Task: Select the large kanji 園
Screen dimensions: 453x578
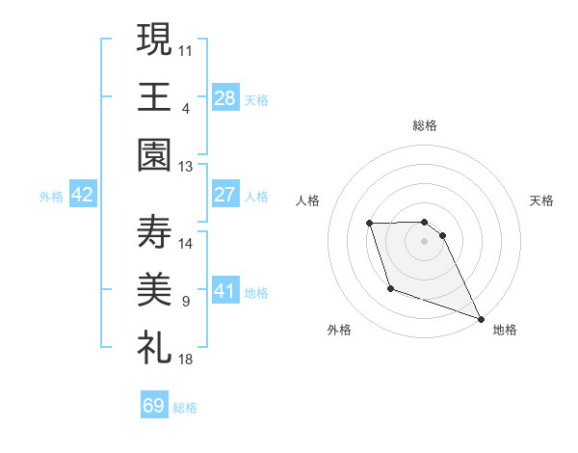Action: pyautogui.click(x=154, y=155)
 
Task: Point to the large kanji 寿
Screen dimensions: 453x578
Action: pyautogui.click(x=154, y=232)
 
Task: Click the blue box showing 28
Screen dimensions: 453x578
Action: pyautogui.click(x=225, y=97)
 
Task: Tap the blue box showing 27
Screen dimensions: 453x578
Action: pyautogui.click(x=225, y=195)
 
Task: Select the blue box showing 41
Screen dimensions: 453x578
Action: pyautogui.click(x=225, y=291)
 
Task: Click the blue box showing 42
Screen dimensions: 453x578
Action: pyautogui.click(x=83, y=195)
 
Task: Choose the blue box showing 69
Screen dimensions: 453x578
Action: pyautogui.click(x=154, y=406)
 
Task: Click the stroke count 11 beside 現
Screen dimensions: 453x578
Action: pyautogui.click(x=186, y=47)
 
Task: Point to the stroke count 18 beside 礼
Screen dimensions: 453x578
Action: pyautogui.click(x=186, y=359)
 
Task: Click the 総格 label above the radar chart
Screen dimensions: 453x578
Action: pyautogui.click(x=425, y=125)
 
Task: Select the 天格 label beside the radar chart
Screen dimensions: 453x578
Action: pyautogui.click(x=541, y=200)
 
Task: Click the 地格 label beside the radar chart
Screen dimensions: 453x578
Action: pyautogui.click(x=505, y=330)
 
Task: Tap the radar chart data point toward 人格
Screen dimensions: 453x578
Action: pyautogui.click(x=370, y=224)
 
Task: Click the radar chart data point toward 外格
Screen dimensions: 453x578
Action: pyautogui.click(x=390, y=288)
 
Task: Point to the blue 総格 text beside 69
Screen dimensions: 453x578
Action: pyautogui.click(x=185, y=408)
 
